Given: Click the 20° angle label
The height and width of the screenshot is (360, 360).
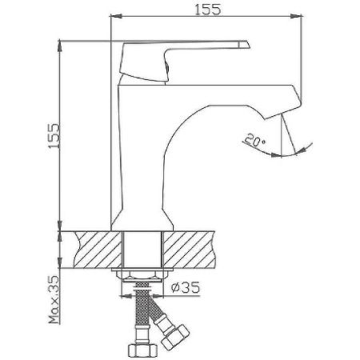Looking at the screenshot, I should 256,142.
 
